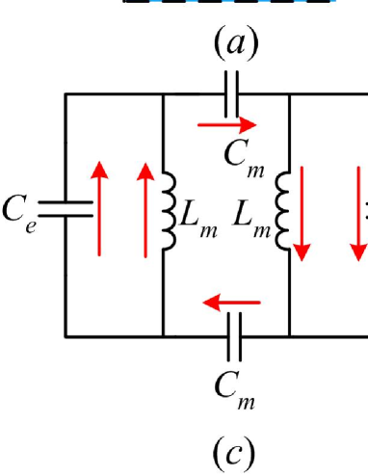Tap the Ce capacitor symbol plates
pos(65,214)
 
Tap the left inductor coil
pos(171,213)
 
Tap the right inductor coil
pos(284,213)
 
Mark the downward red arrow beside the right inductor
pos(303,214)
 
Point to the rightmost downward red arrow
pos(350,214)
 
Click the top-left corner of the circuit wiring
pos(66,94)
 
